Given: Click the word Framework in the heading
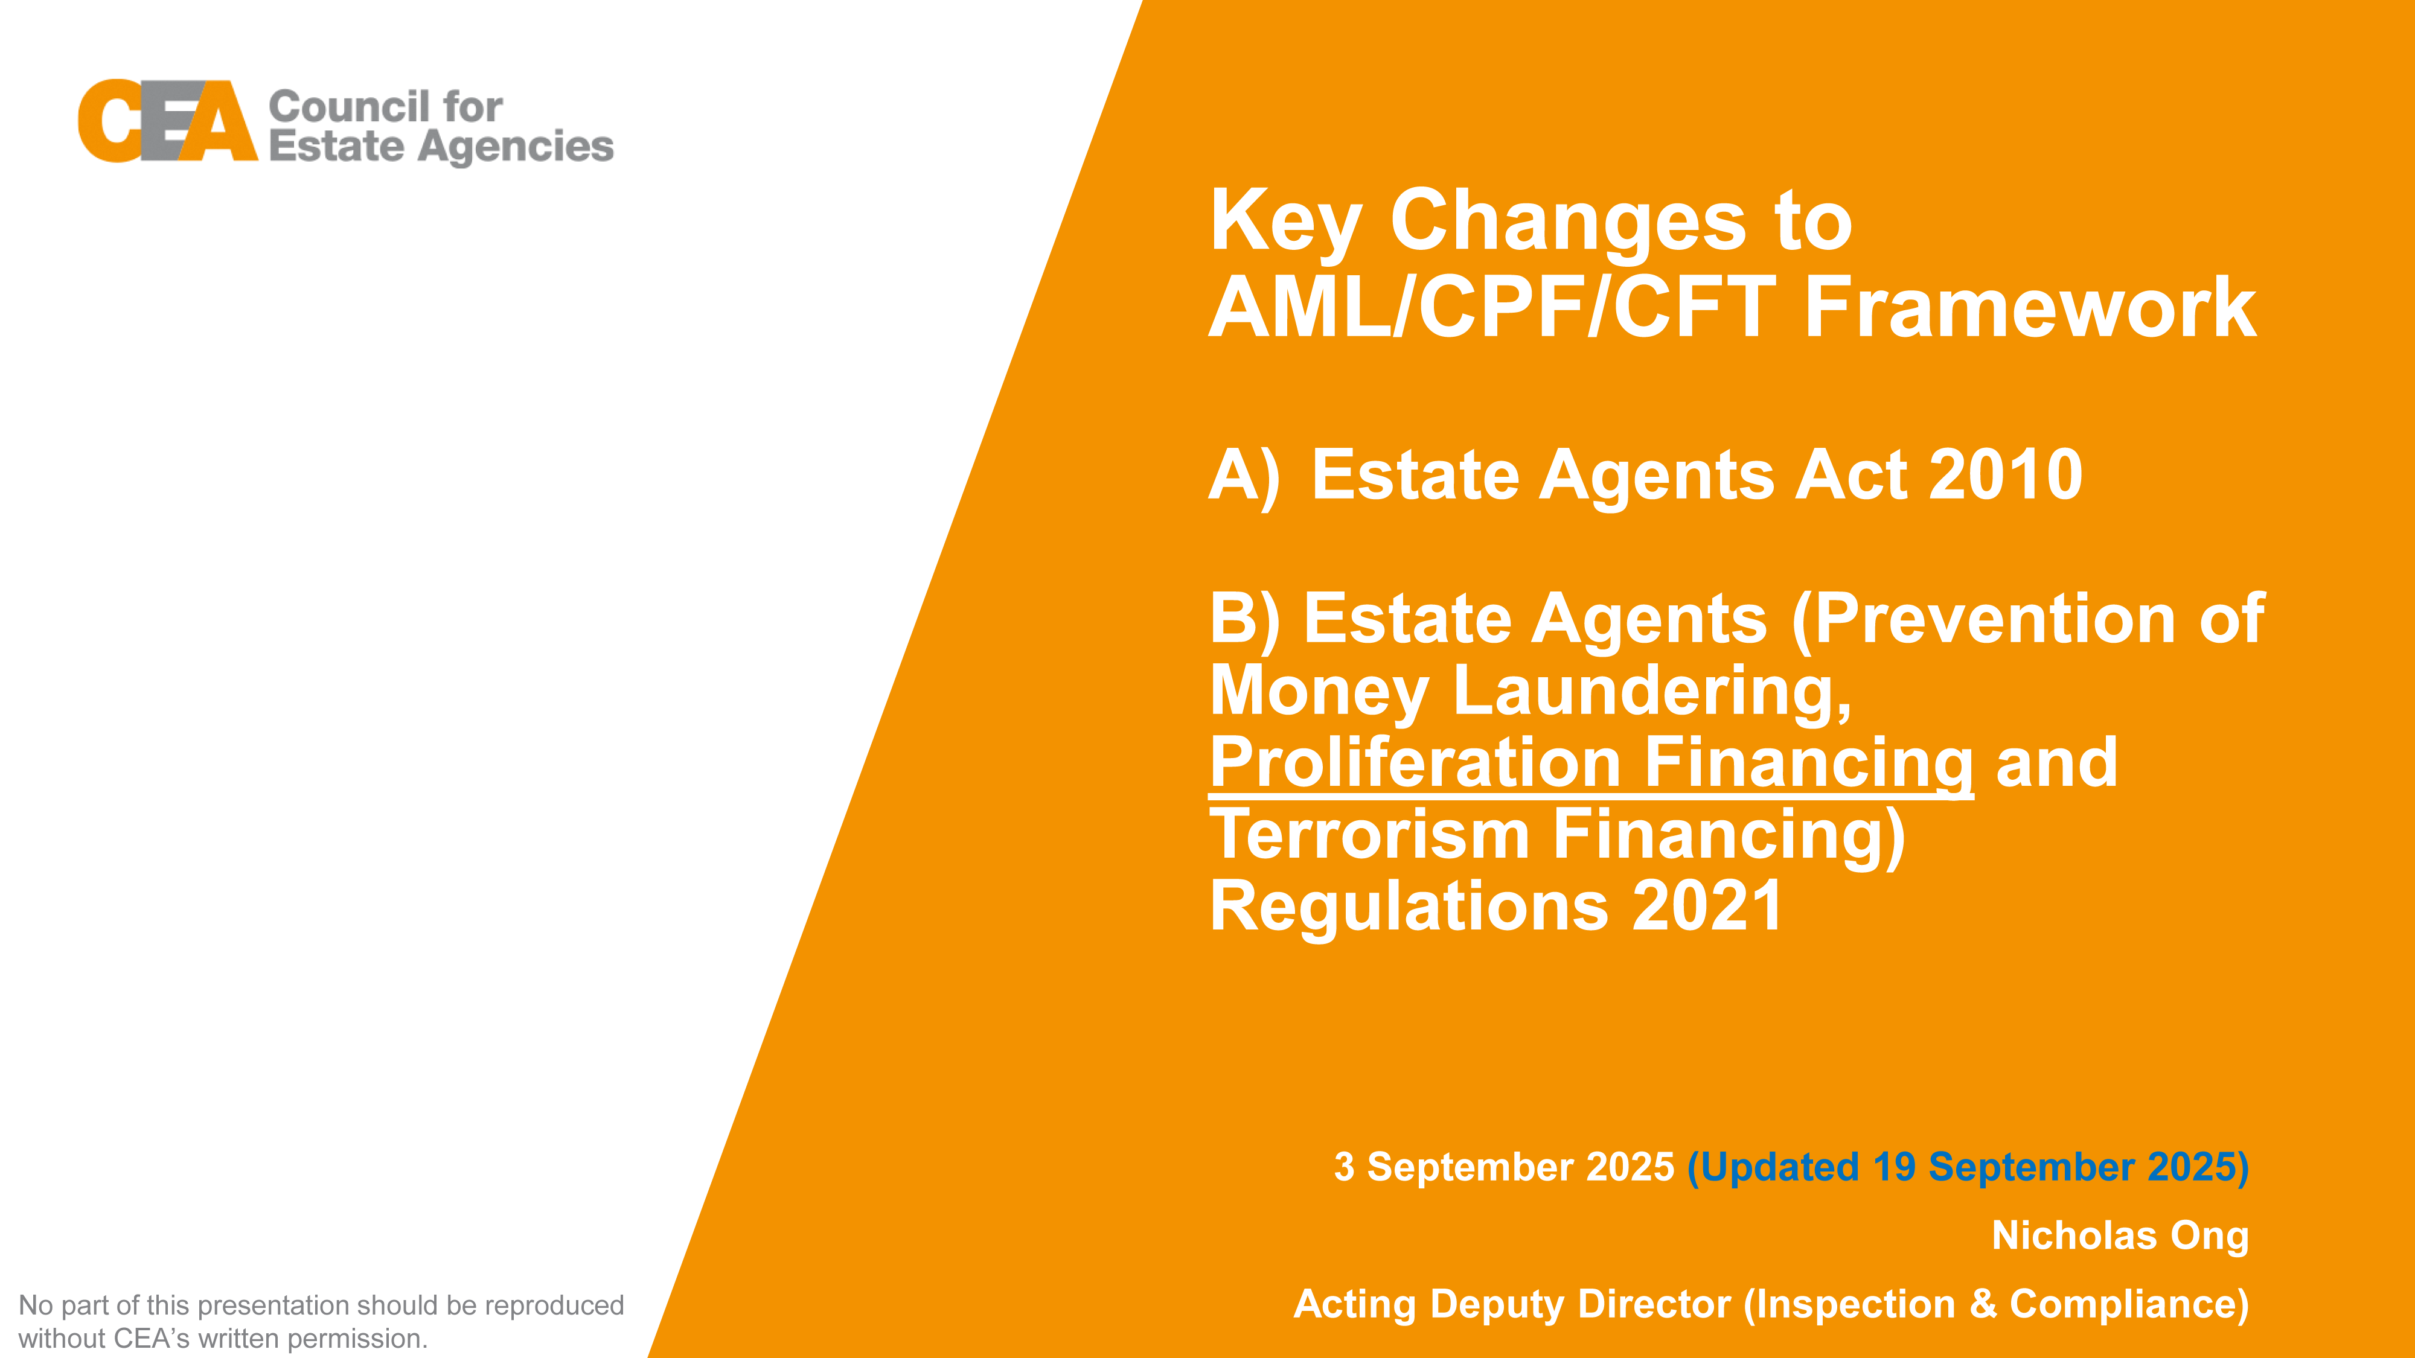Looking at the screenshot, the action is pos(2030,307).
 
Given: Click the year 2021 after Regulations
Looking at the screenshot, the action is pos(1707,907).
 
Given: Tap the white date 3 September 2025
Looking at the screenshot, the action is pos(1504,1167).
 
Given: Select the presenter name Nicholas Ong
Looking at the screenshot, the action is pos(2120,1236).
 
